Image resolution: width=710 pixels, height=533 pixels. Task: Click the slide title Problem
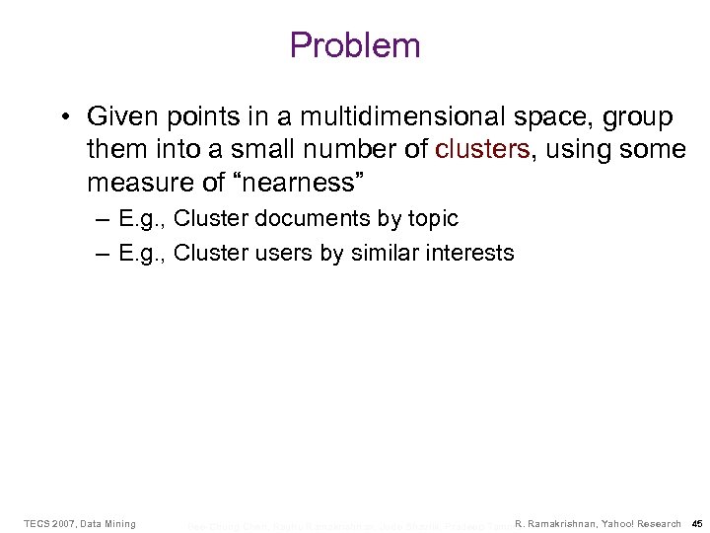[355, 45]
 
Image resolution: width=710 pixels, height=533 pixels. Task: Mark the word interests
[468, 253]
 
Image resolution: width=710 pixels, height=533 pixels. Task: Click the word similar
[385, 253]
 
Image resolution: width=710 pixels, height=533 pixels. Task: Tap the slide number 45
[697, 523]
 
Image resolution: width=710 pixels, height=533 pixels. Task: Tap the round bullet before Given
[62, 117]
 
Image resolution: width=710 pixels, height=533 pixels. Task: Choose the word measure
[134, 184]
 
